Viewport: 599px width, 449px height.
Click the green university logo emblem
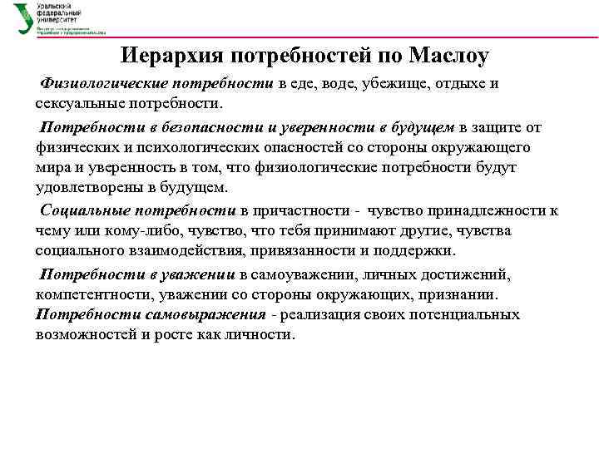(23, 17)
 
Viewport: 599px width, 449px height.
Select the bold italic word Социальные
(86, 210)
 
